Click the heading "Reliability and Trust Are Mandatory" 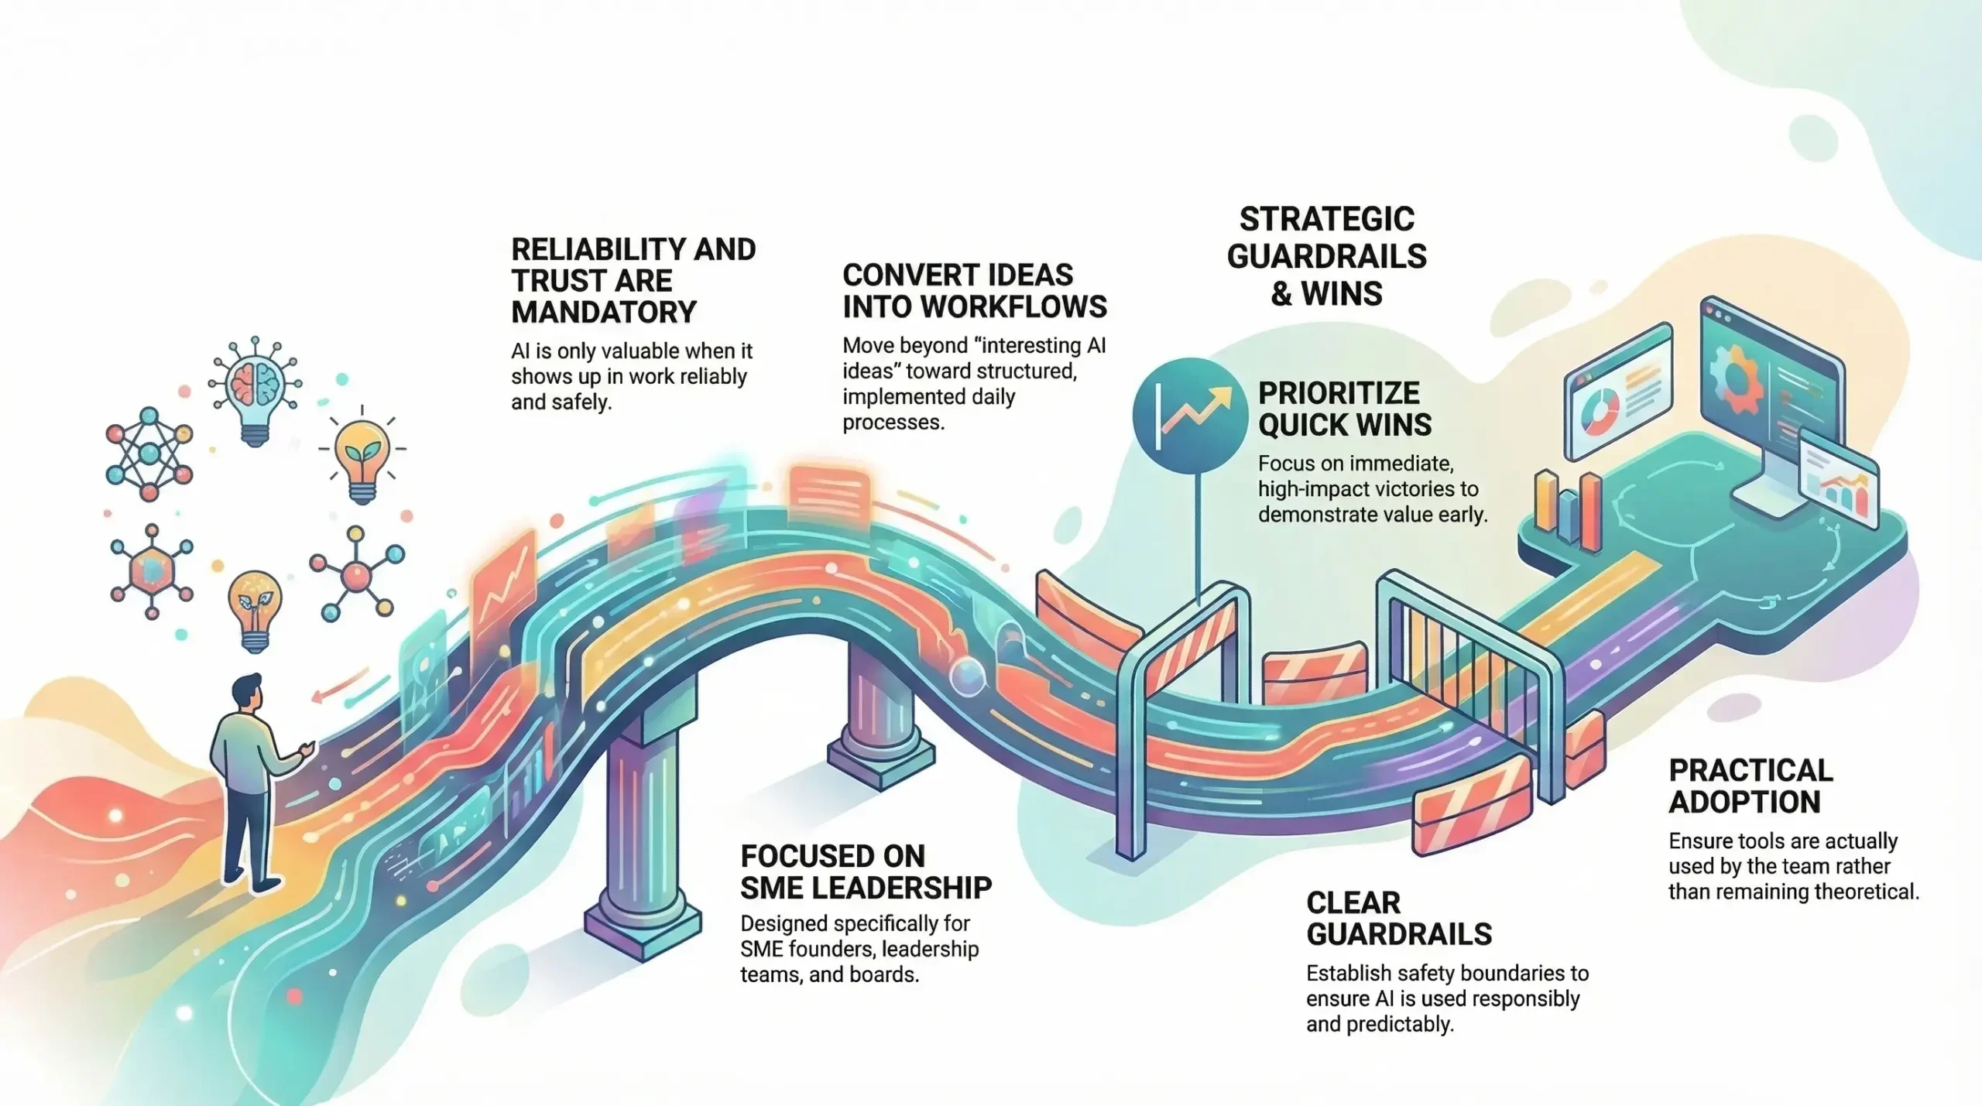(633, 280)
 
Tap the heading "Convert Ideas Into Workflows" (974, 291)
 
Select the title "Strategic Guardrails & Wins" (1326, 256)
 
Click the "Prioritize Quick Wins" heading (1345, 409)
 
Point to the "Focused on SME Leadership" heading (866, 872)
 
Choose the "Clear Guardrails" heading (1398, 919)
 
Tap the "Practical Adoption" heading (1751, 786)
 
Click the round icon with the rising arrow (1189, 415)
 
